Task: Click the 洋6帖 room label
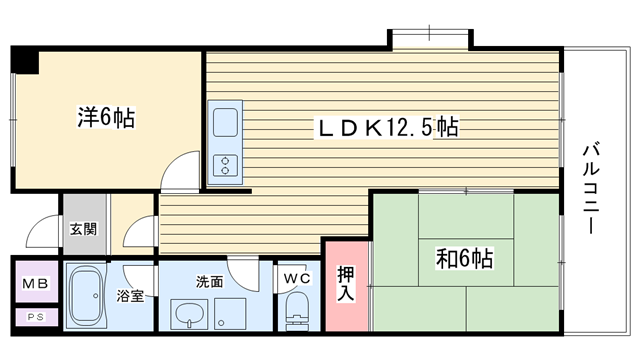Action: pos(106,118)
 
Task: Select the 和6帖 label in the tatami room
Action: pos(465,258)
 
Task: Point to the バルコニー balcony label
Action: pos(591,187)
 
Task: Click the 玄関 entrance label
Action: pos(84,229)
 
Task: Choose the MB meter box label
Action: pos(35,283)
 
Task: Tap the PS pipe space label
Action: pos(36,317)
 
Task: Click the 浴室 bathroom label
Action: pos(130,296)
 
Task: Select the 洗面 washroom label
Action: pos(209,282)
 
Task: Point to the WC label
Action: pos(297,279)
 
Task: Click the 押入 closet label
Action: pos(346,284)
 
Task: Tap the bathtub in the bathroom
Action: pos(86,296)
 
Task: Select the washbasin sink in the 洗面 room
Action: pos(189,314)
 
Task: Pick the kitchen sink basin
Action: pos(225,122)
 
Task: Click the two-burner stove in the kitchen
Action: pos(225,165)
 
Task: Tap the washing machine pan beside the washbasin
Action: pos(230,314)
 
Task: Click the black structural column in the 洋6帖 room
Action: pos(25,60)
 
